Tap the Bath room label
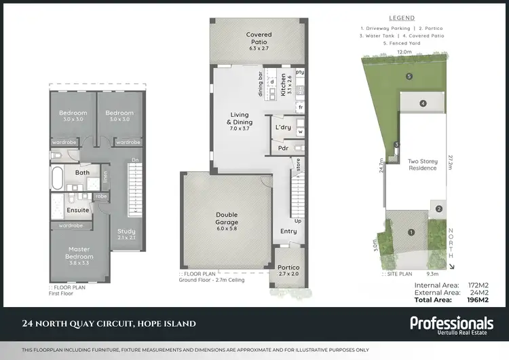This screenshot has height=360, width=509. [82, 173]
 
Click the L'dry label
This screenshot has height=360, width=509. [283, 127]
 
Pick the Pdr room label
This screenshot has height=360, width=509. [282, 147]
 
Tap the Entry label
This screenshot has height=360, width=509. [289, 232]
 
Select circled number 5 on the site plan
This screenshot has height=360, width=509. [409, 77]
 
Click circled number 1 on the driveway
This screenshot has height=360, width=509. [411, 232]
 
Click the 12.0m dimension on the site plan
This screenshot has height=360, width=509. [405, 52]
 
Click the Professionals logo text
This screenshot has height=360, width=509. [451, 323]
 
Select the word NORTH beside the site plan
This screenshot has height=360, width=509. [452, 242]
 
